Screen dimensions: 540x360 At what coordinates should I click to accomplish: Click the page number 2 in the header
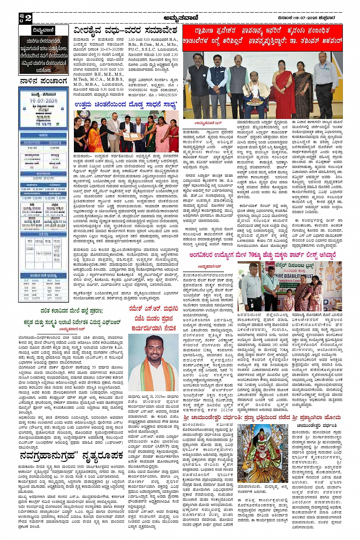click(28, 18)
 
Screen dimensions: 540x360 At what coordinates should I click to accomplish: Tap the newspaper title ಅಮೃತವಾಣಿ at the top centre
click(179, 18)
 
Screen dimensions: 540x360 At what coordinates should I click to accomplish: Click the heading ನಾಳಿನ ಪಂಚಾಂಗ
click(43, 81)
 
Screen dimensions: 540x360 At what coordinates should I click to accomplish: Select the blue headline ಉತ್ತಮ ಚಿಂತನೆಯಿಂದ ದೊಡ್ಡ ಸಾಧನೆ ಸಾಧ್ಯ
click(125, 104)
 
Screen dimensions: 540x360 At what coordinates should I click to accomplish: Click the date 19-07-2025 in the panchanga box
click(43, 101)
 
